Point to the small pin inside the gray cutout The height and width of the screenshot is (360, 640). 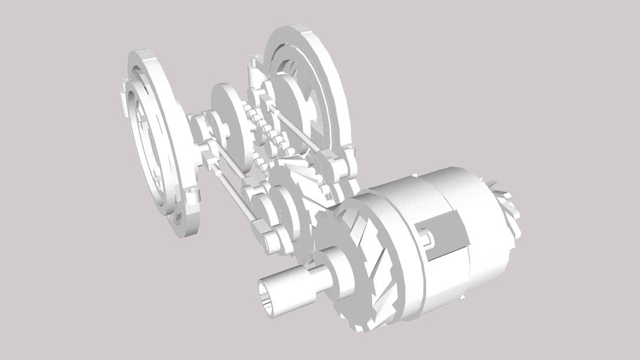[427, 240]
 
